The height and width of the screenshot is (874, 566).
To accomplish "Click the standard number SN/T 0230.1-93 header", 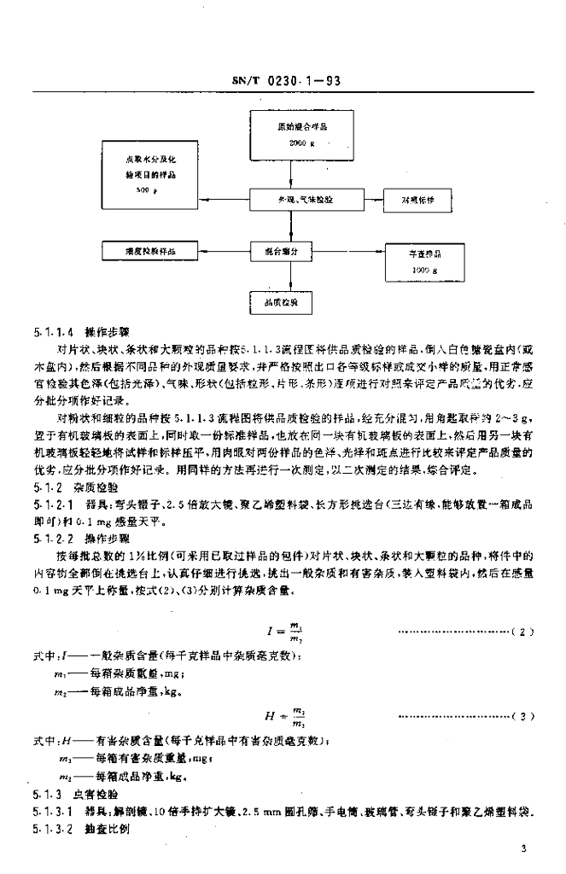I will click(x=287, y=82).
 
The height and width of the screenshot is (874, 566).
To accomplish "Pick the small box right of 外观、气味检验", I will click(x=418, y=199).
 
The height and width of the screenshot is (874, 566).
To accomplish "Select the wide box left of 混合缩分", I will click(x=143, y=252).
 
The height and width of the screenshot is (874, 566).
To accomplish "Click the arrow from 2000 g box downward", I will click(x=292, y=171).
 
